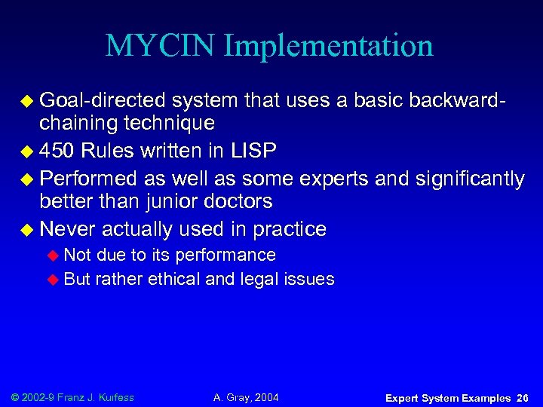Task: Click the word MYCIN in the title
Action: click(x=161, y=46)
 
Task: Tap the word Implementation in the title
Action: click(x=330, y=46)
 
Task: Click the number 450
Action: click(x=59, y=151)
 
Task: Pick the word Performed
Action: click(x=87, y=179)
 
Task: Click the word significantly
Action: click(x=465, y=179)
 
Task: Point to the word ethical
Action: click(x=174, y=279)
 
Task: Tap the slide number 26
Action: click(x=523, y=398)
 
